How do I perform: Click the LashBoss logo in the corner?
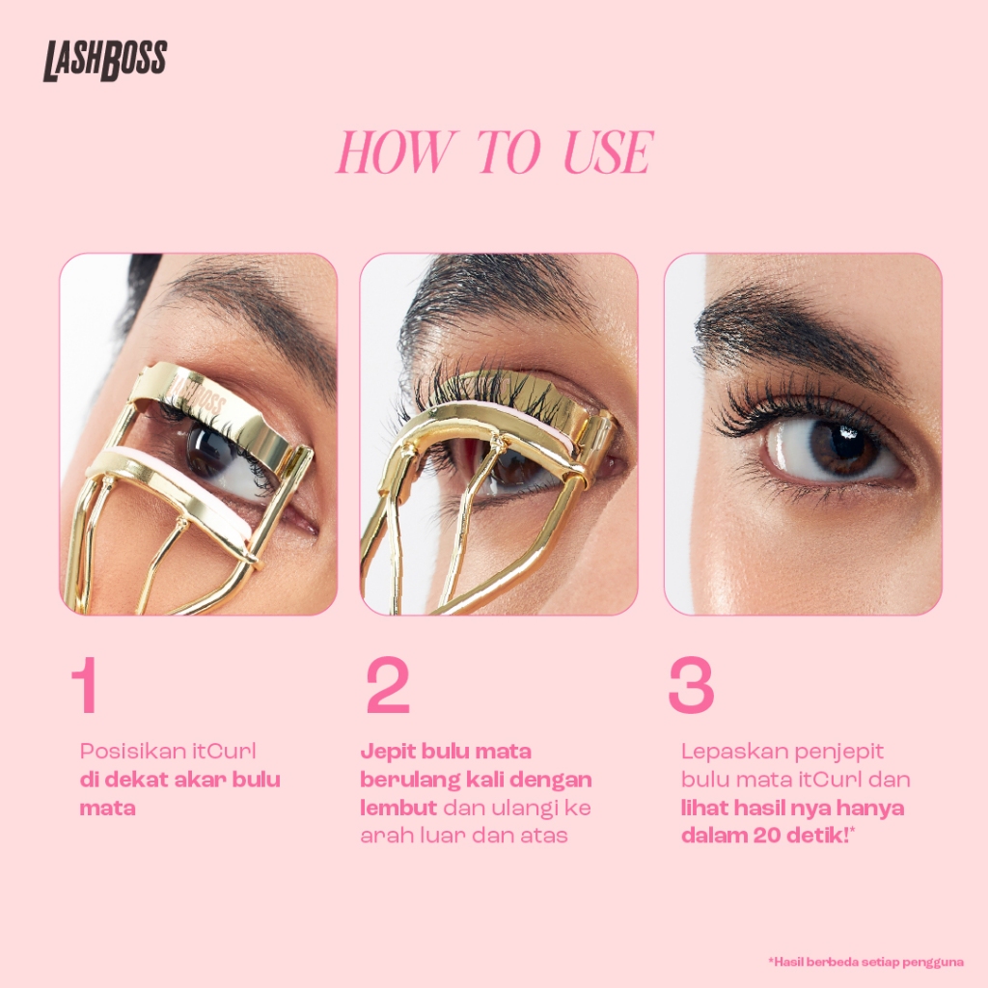tap(105, 61)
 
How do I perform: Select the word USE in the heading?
tap(607, 151)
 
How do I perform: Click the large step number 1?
tap(85, 685)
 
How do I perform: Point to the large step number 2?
tap(388, 685)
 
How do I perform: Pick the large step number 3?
tap(691, 685)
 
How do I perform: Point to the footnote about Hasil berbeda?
tap(865, 962)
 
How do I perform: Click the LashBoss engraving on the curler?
tap(197, 395)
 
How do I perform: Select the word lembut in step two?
tap(398, 808)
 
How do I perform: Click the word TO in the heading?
tap(508, 151)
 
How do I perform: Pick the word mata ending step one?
tap(107, 809)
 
